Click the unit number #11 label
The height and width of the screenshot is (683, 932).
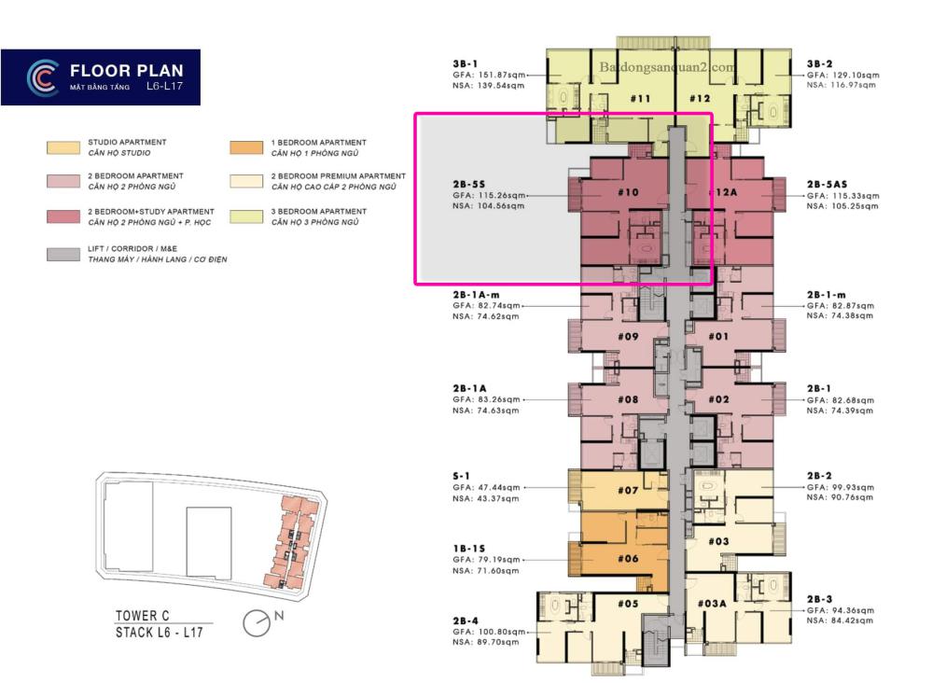640,99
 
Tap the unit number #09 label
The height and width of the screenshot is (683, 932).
628,337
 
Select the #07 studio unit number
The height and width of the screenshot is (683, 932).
628,491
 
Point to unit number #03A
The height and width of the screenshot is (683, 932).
712,604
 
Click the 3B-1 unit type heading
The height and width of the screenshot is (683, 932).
465,63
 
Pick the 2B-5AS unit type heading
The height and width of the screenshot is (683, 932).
827,184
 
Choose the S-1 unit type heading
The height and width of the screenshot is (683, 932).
461,476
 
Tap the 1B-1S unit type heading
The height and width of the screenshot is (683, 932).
469,548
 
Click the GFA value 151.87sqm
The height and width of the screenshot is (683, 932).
502,75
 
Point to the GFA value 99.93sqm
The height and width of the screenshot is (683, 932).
853,487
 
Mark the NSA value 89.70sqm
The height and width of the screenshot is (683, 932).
498,642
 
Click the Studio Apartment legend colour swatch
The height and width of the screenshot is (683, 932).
63,148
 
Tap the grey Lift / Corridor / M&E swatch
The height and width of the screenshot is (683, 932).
63,255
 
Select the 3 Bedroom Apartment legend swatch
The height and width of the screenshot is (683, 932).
246,216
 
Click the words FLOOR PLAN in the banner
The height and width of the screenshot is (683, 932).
127,71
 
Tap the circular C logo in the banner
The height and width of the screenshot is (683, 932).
43,77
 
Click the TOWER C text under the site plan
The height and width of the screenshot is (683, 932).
142,616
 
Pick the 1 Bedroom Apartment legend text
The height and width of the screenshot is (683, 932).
318,143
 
